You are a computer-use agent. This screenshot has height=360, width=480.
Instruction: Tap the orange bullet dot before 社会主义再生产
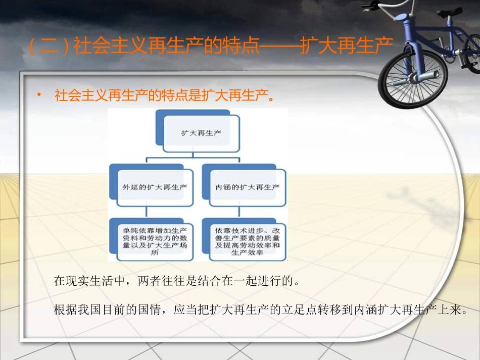coord(39,95)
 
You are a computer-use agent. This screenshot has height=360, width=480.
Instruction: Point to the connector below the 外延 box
coord(147,213)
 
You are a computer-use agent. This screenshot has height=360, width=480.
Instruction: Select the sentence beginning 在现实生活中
coord(177,281)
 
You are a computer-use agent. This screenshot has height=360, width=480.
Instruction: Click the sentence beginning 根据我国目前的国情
coord(259,310)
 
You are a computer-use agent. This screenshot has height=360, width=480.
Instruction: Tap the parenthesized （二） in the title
coord(49,47)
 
